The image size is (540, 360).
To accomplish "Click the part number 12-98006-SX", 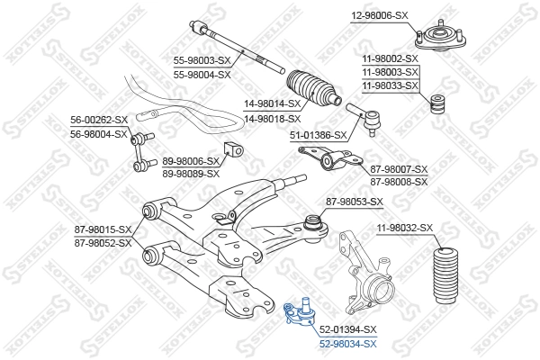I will click(x=380, y=16).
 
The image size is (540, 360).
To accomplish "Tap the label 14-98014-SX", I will click(x=272, y=103).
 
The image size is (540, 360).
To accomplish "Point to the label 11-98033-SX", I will click(x=391, y=85).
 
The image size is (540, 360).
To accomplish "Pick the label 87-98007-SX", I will click(x=400, y=169).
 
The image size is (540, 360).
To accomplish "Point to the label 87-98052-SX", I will click(x=103, y=243).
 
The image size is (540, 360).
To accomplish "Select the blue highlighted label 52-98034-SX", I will click(x=347, y=344).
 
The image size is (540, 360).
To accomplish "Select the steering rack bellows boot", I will click(x=315, y=88).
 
